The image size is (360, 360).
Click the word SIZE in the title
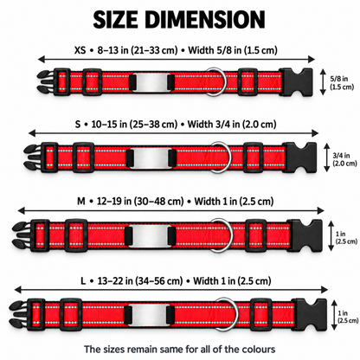pyautogui.click(x=115, y=19)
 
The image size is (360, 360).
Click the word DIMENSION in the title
pyautogui.click(x=205, y=19)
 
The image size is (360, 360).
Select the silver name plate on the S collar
pyautogui.click(x=149, y=157)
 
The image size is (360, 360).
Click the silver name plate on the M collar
pyautogui.click(x=150, y=236)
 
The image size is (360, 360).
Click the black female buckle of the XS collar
pyautogui.click(x=296, y=82)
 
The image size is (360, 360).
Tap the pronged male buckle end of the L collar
pyautogui.click(x=21, y=314)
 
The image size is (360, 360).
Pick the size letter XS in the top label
pyautogui.click(x=80, y=50)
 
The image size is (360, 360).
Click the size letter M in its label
pyautogui.click(x=81, y=201)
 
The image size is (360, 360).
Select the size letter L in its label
pyautogui.click(x=83, y=280)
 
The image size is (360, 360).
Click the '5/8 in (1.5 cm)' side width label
pyautogui.click(x=342, y=82)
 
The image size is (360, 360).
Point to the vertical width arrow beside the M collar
pyautogui.click(x=331, y=235)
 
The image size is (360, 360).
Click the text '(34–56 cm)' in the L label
pyautogui.click(x=159, y=280)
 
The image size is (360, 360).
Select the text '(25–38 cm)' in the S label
pyautogui.click(x=153, y=125)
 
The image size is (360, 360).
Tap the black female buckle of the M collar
pyautogui.click(x=305, y=236)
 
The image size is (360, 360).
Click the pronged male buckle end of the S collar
pyautogui.click(x=34, y=157)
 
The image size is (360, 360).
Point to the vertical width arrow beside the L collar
pyautogui.click(x=334, y=315)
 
